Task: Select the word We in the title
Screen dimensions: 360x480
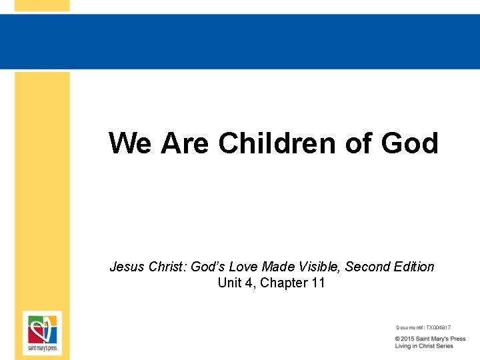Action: click(x=131, y=143)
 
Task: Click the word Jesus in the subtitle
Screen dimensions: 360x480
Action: click(x=125, y=267)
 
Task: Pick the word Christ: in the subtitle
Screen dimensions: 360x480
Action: click(x=167, y=267)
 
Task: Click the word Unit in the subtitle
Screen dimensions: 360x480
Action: click(x=229, y=283)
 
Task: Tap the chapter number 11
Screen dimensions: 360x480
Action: click(x=318, y=283)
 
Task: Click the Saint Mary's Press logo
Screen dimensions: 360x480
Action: click(x=42, y=332)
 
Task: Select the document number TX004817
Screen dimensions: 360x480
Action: click(x=438, y=327)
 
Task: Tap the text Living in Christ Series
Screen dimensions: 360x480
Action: click(x=424, y=346)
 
